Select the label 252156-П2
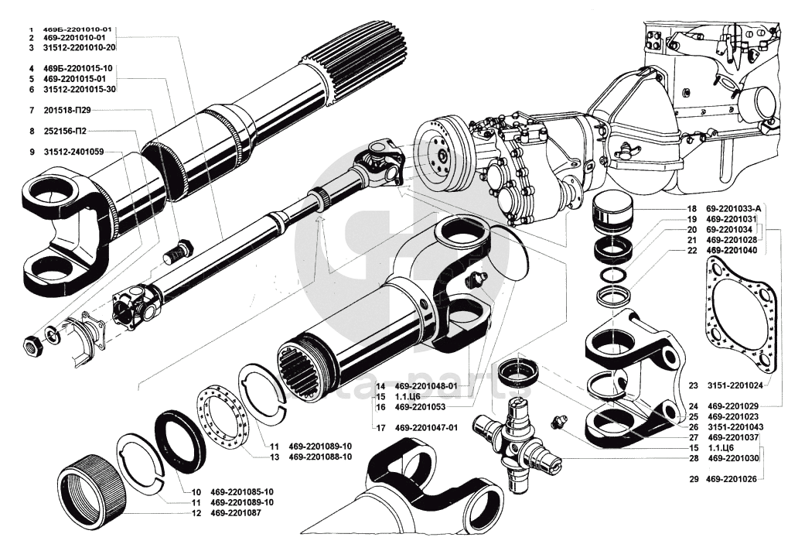click(76, 131)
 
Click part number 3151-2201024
click(735, 384)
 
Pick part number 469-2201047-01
click(426, 427)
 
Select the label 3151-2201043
click(735, 426)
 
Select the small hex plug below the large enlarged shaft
click(178, 253)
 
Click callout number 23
click(693, 384)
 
